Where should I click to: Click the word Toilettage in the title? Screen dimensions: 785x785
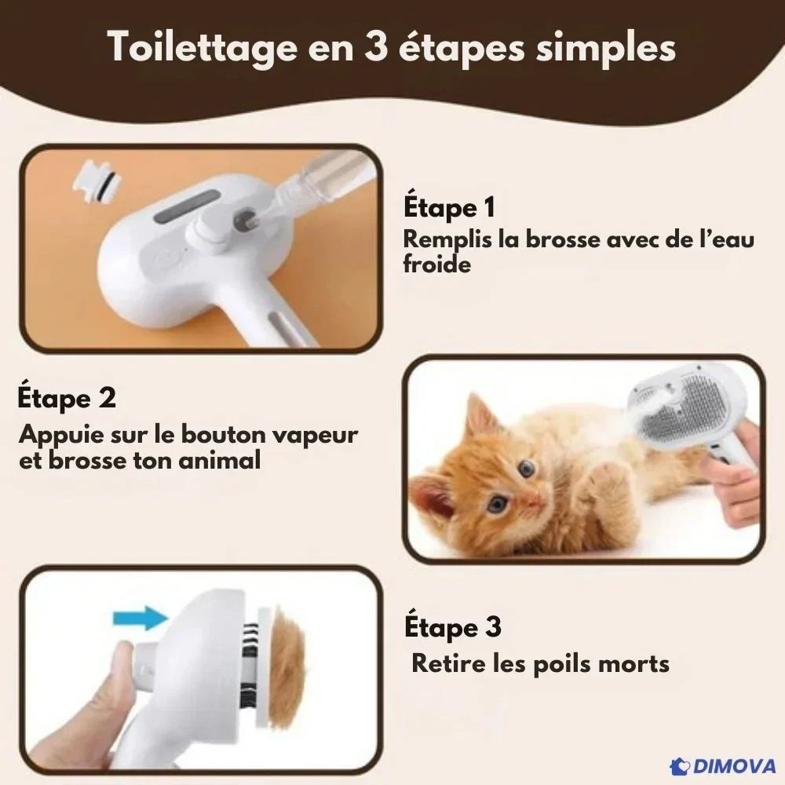pyautogui.click(x=203, y=49)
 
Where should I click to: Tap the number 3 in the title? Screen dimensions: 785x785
pyautogui.click(x=376, y=47)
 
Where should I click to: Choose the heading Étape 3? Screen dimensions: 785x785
pyautogui.click(x=453, y=626)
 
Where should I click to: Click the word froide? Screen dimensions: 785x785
pyautogui.click(x=436, y=264)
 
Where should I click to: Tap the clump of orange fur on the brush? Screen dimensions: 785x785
pyautogui.click(x=287, y=660)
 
